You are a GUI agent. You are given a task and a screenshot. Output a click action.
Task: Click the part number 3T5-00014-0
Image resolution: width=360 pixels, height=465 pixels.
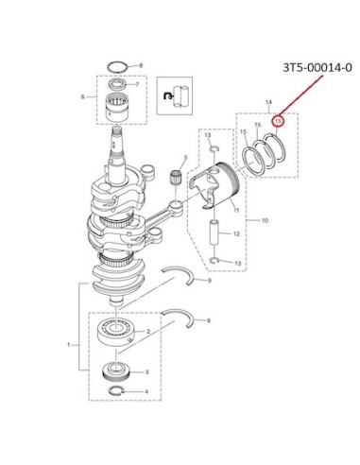317,67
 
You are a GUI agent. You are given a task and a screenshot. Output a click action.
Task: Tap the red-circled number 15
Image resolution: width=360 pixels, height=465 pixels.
278,121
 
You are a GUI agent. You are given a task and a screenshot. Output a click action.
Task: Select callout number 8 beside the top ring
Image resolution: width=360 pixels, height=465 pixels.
141,65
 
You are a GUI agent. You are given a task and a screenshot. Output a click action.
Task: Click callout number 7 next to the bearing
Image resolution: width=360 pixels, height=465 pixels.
137,84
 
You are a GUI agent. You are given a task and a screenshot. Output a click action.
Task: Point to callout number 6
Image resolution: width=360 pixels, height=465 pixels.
83,97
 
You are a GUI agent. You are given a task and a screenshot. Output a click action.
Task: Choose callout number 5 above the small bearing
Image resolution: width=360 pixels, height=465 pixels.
185,157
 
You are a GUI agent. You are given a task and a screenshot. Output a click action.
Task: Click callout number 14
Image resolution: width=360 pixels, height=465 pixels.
268,102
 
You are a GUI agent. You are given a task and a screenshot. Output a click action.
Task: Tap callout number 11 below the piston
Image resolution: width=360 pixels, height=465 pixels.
236,210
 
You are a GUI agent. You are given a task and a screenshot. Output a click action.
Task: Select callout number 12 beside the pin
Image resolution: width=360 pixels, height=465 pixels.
236,233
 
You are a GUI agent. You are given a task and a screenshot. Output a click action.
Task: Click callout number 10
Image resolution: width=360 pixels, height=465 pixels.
265,220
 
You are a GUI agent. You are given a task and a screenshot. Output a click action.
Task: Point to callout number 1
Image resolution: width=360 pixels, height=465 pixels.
69,345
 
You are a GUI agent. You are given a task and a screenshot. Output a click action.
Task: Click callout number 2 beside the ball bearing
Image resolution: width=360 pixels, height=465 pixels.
148,332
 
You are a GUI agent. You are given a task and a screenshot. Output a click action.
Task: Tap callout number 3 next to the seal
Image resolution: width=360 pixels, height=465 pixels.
146,372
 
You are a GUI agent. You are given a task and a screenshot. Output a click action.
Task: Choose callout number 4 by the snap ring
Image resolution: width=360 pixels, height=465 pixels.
146,391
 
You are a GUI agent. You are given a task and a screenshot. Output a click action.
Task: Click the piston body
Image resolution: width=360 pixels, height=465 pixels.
214,185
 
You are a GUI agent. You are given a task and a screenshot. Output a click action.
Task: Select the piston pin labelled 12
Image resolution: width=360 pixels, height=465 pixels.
214,232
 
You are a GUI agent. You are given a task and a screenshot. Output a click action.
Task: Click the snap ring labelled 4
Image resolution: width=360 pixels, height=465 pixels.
116,390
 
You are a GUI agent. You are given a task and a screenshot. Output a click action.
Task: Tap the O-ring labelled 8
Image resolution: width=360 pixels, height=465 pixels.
117,67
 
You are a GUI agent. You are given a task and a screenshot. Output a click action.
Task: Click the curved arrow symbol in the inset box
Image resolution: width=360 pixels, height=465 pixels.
167,95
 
